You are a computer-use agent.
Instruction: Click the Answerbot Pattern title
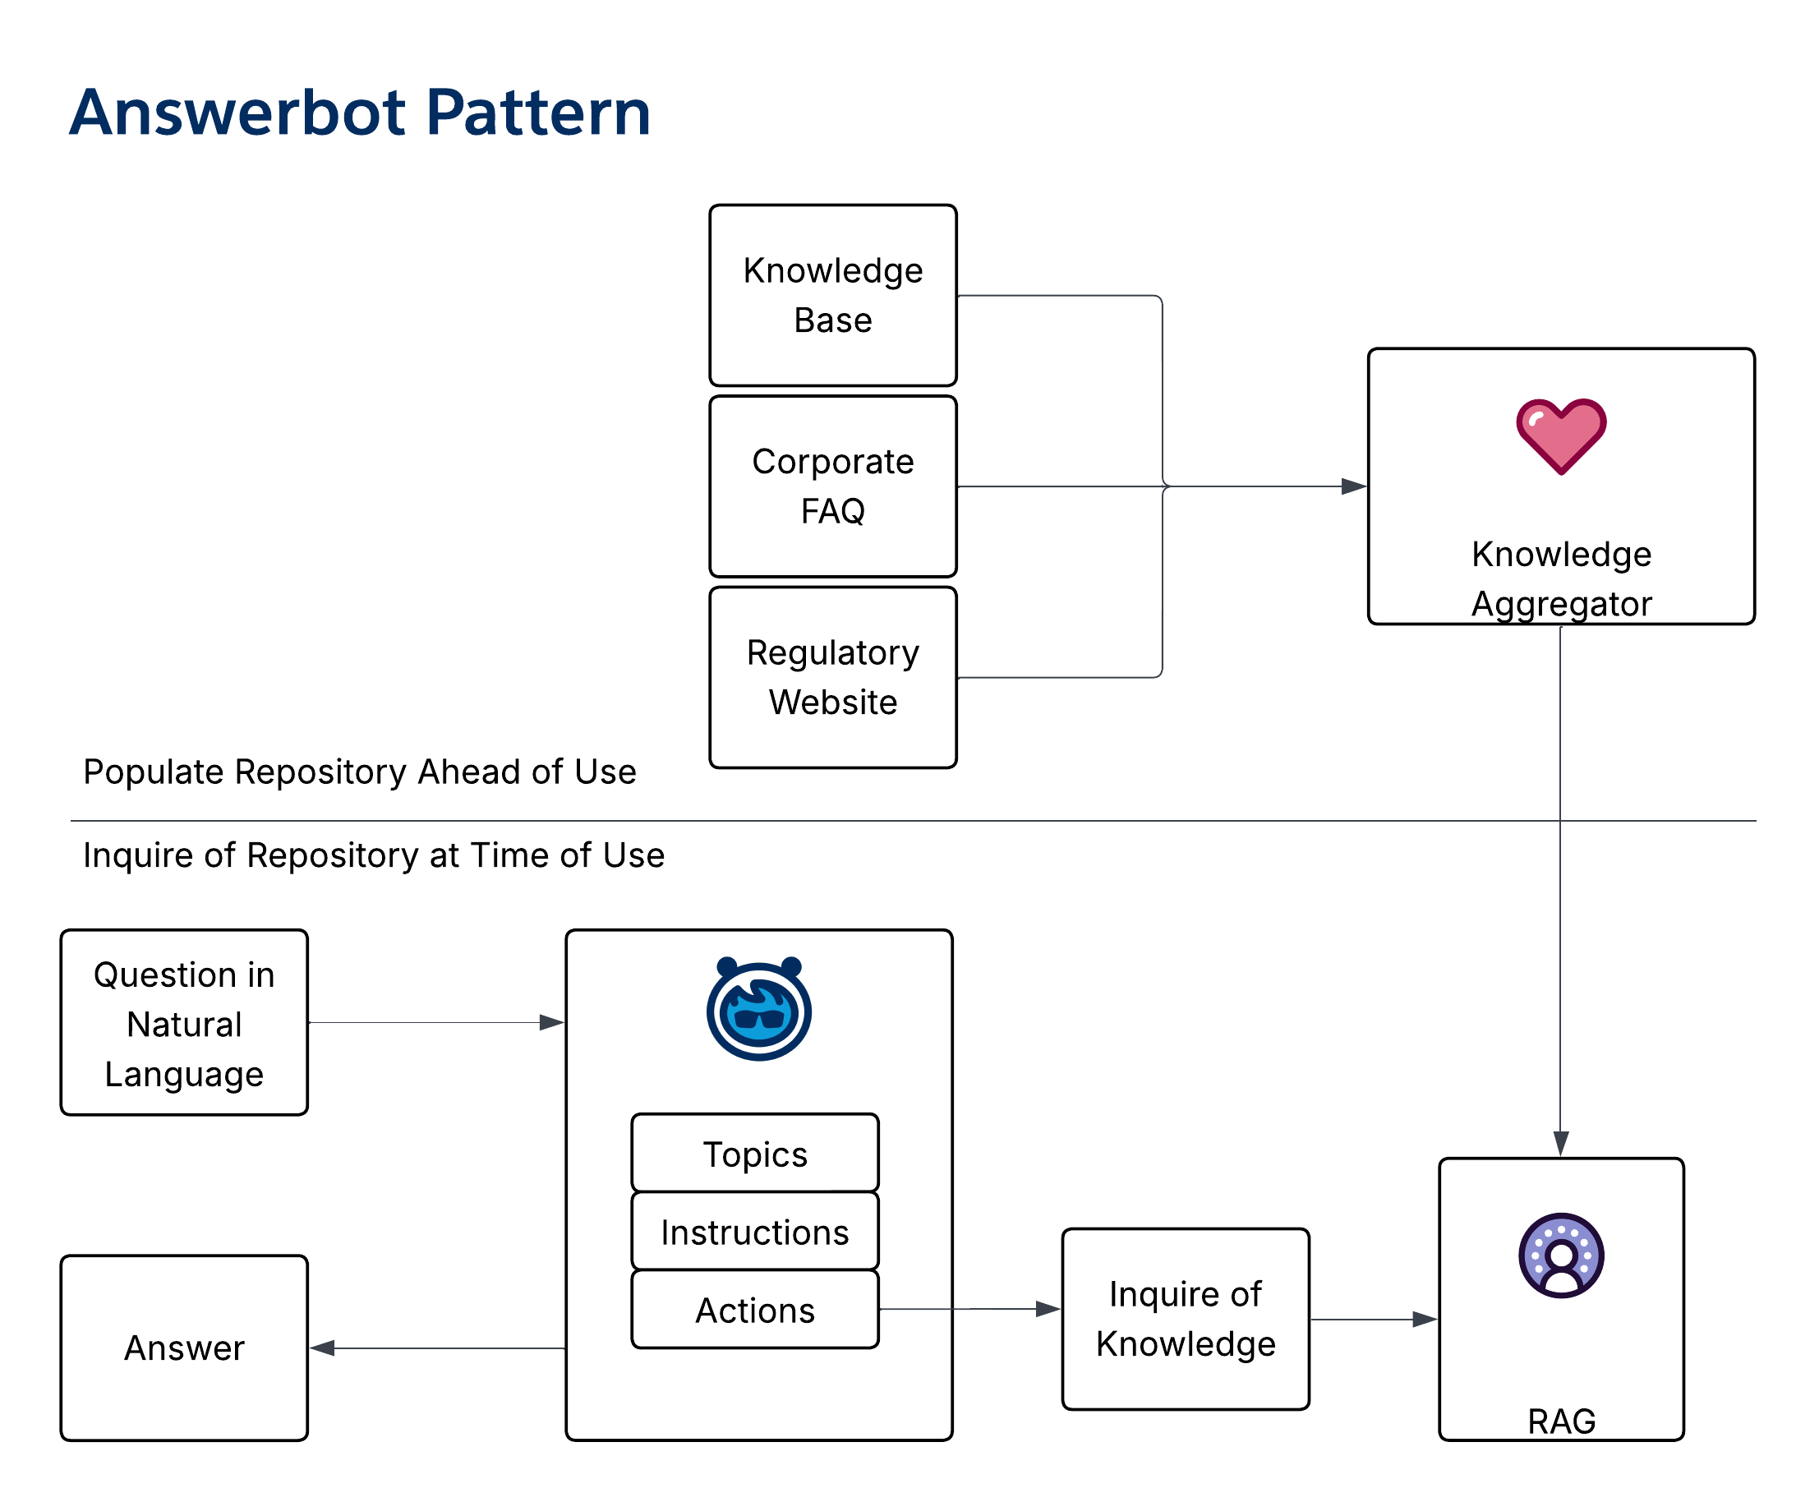pos(359,113)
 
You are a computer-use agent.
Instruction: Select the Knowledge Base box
pos(832,295)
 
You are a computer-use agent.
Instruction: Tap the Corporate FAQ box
pos(832,486)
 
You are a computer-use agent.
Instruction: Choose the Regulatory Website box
pos(832,677)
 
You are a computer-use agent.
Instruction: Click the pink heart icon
pos(1560,435)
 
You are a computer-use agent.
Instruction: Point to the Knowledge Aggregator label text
pos(1560,578)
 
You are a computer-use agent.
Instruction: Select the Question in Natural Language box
pos(183,1023)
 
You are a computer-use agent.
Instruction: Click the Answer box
pos(183,1348)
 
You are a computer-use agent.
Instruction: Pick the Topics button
pos(754,1154)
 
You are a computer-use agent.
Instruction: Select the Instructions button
pos(754,1231)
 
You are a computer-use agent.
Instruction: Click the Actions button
pos(754,1309)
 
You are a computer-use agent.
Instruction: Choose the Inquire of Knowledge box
pos(1184,1319)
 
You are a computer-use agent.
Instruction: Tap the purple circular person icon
pos(1560,1255)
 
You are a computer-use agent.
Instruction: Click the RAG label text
pos(1560,1421)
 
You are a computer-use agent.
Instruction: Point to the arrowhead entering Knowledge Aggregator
pos(1354,486)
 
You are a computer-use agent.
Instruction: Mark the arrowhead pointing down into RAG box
pos(1560,1143)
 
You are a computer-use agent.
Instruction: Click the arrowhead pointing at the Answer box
pos(323,1348)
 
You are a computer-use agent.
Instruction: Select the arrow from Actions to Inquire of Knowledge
pos(969,1309)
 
